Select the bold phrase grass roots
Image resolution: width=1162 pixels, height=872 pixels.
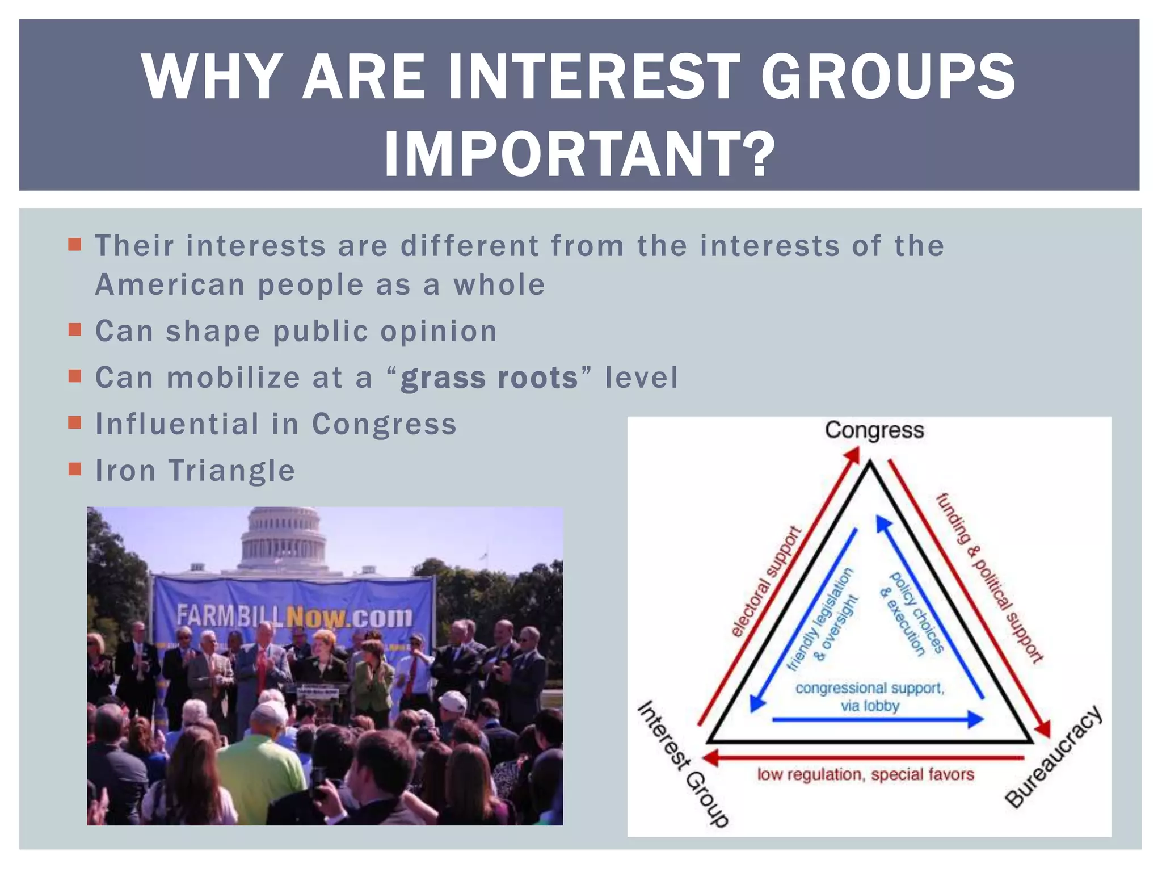(489, 378)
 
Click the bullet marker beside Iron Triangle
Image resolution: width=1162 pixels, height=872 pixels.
(74, 469)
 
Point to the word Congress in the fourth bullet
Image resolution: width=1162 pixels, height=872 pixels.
(384, 424)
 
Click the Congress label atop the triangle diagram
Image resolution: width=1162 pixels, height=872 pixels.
(874, 430)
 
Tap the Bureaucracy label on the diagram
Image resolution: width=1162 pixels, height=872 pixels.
(1054, 757)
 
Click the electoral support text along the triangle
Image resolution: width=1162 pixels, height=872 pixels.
(765, 582)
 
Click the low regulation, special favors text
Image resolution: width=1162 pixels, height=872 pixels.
(865, 775)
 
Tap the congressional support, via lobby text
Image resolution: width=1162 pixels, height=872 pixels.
(870, 697)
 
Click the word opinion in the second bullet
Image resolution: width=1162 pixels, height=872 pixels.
(439, 332)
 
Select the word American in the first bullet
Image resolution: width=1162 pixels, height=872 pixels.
(170, 285)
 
